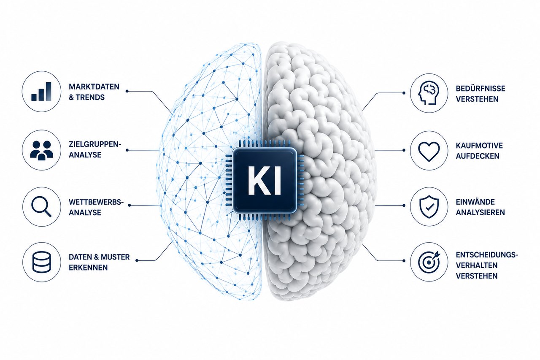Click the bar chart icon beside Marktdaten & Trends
[41, 92]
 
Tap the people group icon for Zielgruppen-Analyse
[42, 151]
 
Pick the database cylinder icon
[41, 262]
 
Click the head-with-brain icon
[429, 93]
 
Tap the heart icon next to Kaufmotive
[429, 151]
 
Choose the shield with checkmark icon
[429, 207]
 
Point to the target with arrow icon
[429, 262]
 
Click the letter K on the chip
[258, 180]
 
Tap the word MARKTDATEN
[94, 87]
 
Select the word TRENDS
[90, 97]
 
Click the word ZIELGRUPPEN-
[95, 144]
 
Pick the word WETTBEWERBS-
[96, 202]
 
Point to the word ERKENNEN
[88, 268]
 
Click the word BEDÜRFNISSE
[481, 88]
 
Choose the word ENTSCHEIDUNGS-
[487, 254]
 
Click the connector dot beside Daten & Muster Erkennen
[137, 260]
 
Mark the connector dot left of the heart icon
[404, 150]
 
